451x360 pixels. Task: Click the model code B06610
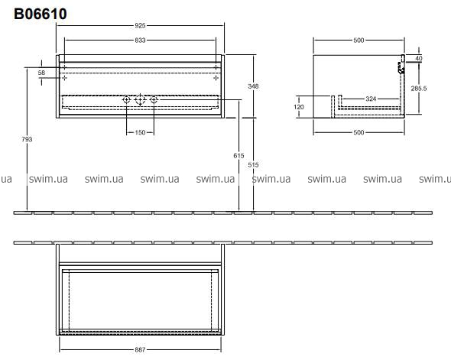click(41, 14)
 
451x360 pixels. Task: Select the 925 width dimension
click(140, 25)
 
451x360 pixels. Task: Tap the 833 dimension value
click(140, 41)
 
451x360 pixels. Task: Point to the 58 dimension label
click(41, 73)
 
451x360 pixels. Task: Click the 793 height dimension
click(27, 139)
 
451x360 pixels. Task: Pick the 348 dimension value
click(253, 86)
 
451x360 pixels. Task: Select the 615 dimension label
click(238, 156)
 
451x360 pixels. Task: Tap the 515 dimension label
click(253, 165)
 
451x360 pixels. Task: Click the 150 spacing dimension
click(140, 132)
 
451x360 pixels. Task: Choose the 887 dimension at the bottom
click(140, 349)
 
